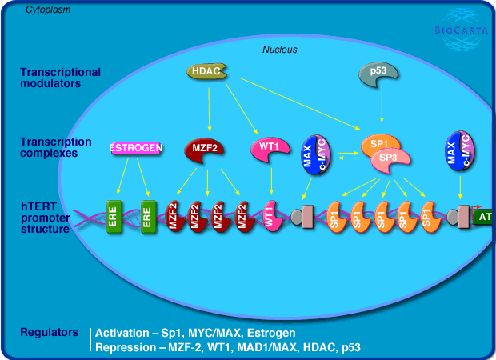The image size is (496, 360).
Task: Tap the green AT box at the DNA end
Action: point(483,216)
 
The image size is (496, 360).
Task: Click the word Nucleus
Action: point(280,50)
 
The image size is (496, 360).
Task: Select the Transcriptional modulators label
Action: point(60,78)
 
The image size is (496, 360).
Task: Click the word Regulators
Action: point(49,331)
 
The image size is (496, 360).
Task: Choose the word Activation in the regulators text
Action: point(124,333)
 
